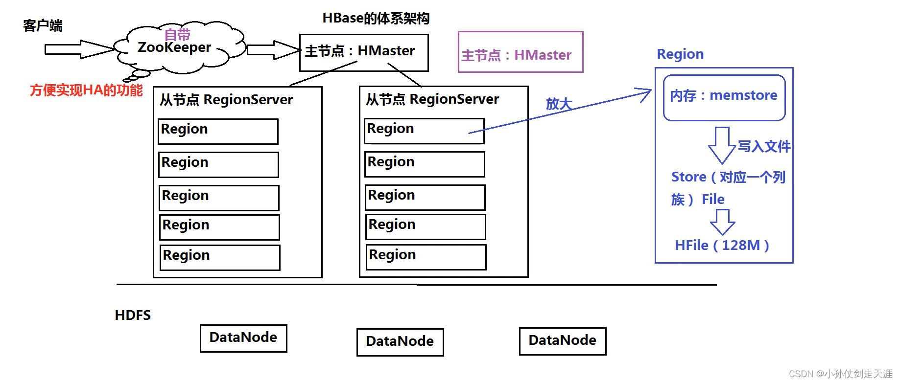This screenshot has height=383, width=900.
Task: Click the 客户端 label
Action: (x=43, y=25)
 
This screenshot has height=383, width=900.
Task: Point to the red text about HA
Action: (x=86, y=90)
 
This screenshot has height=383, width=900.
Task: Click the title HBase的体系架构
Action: (x=376, y=18)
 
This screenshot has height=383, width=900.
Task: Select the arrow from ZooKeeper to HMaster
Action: (x=274, y=49)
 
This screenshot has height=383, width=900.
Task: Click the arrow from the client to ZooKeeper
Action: (x=80, y=49)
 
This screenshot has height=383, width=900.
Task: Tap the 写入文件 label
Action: (x=764, y=146)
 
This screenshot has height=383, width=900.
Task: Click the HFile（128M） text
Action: (x=722, y=245)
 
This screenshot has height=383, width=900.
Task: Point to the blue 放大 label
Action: (x=559, y=104)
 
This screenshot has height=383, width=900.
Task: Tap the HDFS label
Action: (x=133, y=315)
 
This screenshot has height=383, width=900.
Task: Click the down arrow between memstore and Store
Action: (x=722, y=145)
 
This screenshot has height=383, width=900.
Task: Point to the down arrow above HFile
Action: (x=723, y=222)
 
